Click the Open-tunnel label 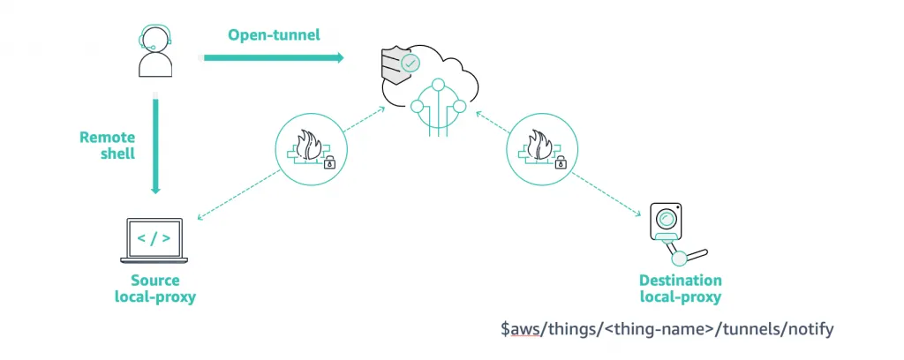[x=274, y=35]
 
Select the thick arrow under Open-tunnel [x=273, y=58]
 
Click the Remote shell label [x=108, y=145]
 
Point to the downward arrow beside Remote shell [x=155, y=146]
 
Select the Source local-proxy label [x=155, y=289]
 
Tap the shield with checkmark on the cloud [x=400, y=64]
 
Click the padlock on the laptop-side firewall [x=329, y=162]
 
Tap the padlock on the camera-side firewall [x=560, y=162]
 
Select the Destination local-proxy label [x=680, y=289]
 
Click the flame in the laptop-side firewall [x=310, y=143]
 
